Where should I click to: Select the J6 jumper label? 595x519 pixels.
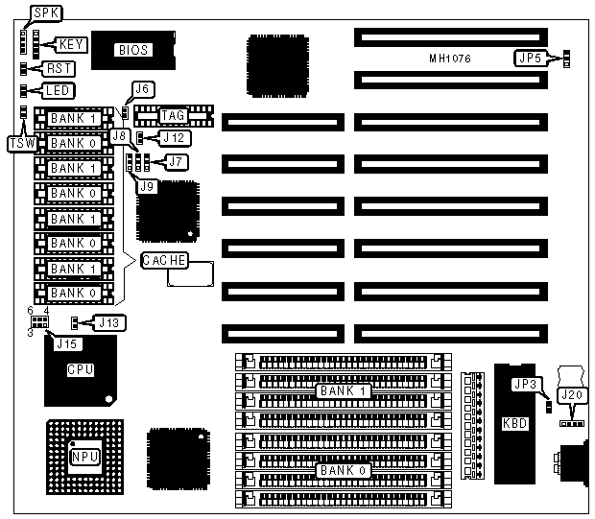pyautogui.click(x=142, y=89)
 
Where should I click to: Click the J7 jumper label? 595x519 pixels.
pyautogui.click(x=176, y=161)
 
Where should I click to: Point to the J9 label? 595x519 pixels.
pyautogui.click(x=145, y=187)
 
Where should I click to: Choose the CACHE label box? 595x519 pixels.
pyautogui.click(x=163, y=260)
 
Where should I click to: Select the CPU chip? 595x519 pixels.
pyautogui.click(x=81, y=368)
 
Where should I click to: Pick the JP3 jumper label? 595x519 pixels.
pyautogui.click(x=524, y=386)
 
